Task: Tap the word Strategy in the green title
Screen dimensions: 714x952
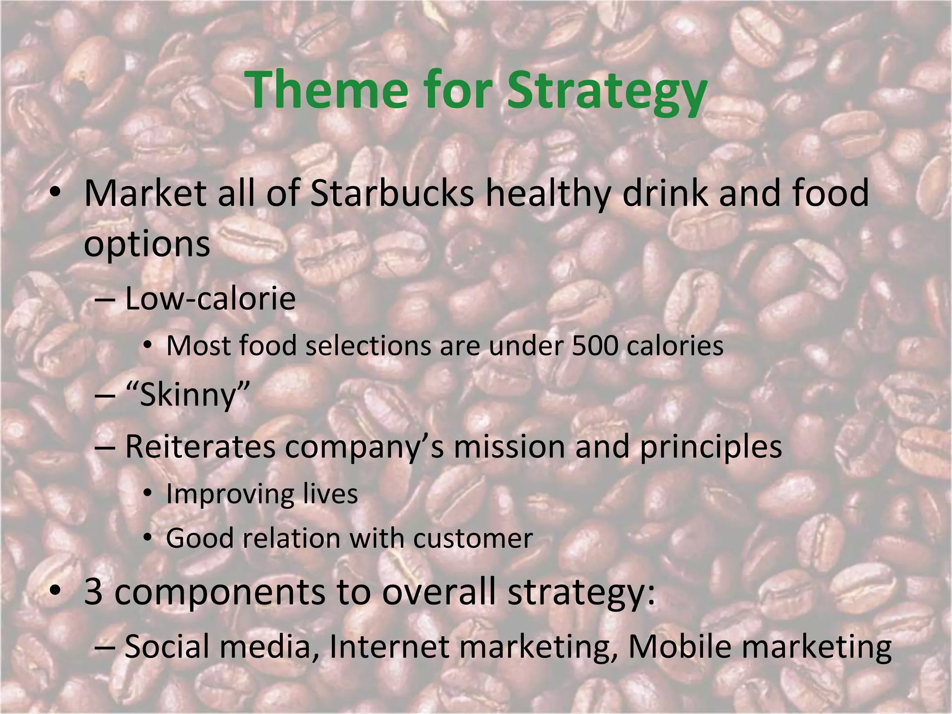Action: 606,91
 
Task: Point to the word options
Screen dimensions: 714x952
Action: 147,245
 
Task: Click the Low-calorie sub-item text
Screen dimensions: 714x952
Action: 210,299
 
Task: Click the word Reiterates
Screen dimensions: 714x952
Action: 200,446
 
